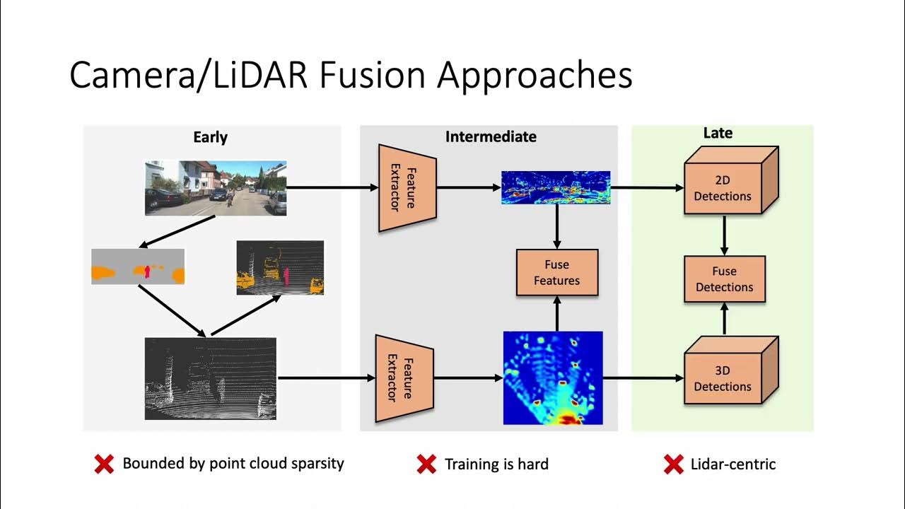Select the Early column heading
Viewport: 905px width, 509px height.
pos(210,137)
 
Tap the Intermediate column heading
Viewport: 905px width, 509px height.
pos(491,136)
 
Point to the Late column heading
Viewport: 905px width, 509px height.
pos(718,133)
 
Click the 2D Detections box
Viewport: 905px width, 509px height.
pos(723,188)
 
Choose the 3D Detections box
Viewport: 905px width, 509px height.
pos(723,378)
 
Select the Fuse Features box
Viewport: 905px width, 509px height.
pos(557,273)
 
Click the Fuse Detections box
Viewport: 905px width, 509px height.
pos(724,279)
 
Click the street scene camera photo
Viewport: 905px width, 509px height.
pos(216,188)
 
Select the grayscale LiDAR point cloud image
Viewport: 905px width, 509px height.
pos(211,378)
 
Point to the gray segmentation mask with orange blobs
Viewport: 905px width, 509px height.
pos(138,267)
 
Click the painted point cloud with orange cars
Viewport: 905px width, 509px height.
pos(280,267)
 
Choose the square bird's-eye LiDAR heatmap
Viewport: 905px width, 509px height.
pos(553,378)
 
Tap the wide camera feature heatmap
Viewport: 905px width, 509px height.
pos(556,187)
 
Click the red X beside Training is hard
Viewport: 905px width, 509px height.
pos(426,464)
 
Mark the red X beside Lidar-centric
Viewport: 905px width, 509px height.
pos(673,464)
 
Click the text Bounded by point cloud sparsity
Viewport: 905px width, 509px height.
pos(233,464)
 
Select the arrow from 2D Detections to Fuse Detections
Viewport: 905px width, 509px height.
pos(724,235)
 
